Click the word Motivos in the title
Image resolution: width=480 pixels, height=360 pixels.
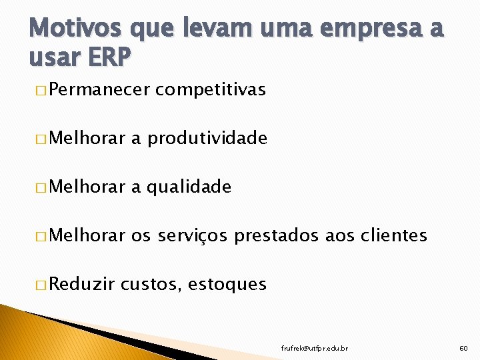(x=64, y=30)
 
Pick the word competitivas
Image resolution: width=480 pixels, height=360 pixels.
(x=210, y=89)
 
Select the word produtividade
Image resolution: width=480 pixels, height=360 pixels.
(x=207, y=138)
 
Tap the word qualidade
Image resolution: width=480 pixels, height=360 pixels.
(x=189, y=187)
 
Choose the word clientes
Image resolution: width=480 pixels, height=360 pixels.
(x=393, y=235)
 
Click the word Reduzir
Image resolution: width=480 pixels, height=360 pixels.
(x=81, y=284)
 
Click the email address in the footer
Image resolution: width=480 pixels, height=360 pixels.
(x=315, y=347)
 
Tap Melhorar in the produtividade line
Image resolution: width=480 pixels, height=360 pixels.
(x=87, y=138)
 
